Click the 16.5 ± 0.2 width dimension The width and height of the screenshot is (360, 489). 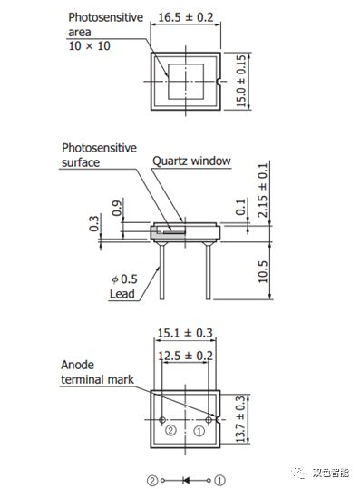pos(186,17)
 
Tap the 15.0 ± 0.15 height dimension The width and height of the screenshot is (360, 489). pos(241,81)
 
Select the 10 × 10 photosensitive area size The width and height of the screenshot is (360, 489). pos(90,46)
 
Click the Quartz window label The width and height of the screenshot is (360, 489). pos(191,161)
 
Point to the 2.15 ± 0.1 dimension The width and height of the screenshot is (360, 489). pos(262,191)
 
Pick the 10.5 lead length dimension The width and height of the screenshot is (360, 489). pos(262,272)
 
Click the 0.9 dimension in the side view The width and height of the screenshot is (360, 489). pos(117,209)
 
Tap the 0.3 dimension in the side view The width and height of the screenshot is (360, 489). pos(93,223)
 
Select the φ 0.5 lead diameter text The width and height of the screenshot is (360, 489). pos(124,279)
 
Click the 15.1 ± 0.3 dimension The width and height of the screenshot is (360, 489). pos(185,333)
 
